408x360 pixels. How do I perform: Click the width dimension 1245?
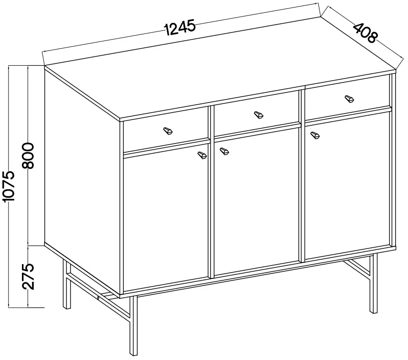(x=180, y=28)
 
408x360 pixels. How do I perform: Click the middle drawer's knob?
(x=259, y=115)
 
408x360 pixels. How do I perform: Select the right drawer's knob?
(x=350, y=99)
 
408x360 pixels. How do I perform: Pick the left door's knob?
(x=202, y=155)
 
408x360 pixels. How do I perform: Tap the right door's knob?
(x=315, y=135)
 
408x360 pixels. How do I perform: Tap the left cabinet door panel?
(x=164, y=219)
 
